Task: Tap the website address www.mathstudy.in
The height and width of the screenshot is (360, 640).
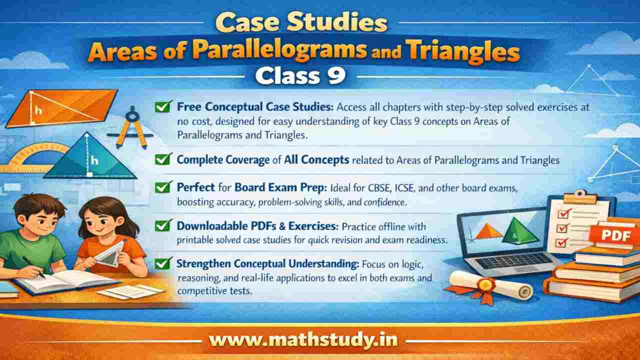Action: (x=303, y=340)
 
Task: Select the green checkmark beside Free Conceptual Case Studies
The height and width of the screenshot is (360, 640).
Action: (x=161, y=106)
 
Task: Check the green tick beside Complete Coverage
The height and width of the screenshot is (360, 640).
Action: (x=161, y=159)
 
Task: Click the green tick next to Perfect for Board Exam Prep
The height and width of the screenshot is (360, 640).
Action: (x=161, y=188)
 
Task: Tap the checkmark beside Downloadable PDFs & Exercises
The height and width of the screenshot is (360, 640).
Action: (x=161, y=225)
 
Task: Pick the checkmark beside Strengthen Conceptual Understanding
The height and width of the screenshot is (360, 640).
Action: (x=161, y=262)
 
